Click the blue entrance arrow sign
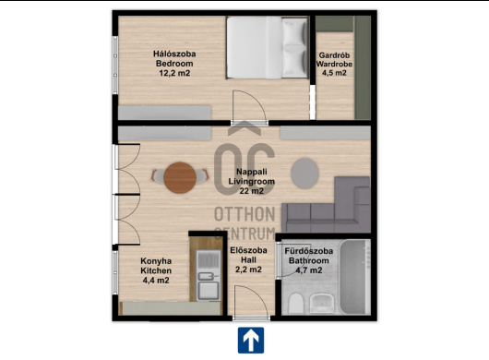pyautogui.click(x=251, y=340)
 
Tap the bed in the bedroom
pyautogui.click(x=268, y=47)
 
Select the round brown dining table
pyautogui.click(x=180, y=177)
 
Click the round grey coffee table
pyautogui.click(x=305, y=174)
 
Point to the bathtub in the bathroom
pyautogui.click(x=354, y=277)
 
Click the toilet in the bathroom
pyautogui.click(x=295, y=303)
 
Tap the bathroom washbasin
pyautogui.click(x=323, y=303)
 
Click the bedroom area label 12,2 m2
pyautogui.click(x=174, y=73)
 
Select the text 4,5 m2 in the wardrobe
pyautogui.click(x=334, y=73)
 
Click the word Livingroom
pyautogui.click(x=252, y=181)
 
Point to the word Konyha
pyautogui.click(x=156, y=261)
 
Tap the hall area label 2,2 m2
pyautogui.click(x=248, y=270)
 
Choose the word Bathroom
pyautogui.click(x=309, y=260)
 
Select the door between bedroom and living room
pyautogui.click(x=250, y=106)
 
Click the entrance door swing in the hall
pyautogui.click(x=251, y=302)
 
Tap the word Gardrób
pyautogui.click(x=334, y=55)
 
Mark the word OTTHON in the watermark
pyautogui.click(x=244, y=214)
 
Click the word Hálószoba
pyautogui.click(x=174, y=54)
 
